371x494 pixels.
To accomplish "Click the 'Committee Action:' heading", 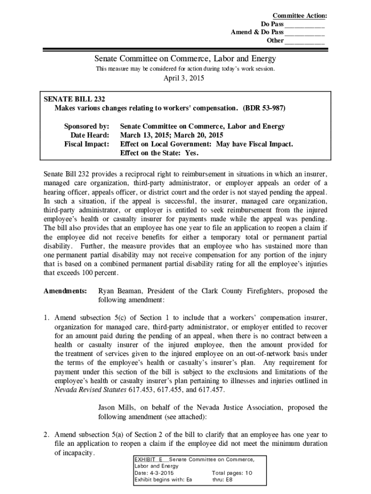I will [x=299, y=16].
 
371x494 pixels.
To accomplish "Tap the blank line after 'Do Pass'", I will [x=305, y=25].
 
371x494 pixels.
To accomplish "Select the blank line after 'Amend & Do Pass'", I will [x=305, y=33].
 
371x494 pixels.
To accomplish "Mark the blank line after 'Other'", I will [x=305, y=41].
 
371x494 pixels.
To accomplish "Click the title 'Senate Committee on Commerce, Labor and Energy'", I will [x=185, y=59].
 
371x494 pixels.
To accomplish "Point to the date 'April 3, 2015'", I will [x=185, y=79].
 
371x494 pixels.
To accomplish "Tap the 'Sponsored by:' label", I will [x=87, y=126].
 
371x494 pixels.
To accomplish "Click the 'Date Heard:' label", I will [x=90, y=135].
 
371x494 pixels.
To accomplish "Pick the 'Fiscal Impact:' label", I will [x=87, y=144].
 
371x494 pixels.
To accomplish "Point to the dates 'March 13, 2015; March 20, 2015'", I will [x=172, y=135].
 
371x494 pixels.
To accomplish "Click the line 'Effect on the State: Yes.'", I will [x=159, y=153].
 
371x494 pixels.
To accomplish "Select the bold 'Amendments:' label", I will [x=65, y=291].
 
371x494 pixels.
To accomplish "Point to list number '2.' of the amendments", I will [x=47, y=434].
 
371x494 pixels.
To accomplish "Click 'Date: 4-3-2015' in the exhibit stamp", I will [x=154, y=473].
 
